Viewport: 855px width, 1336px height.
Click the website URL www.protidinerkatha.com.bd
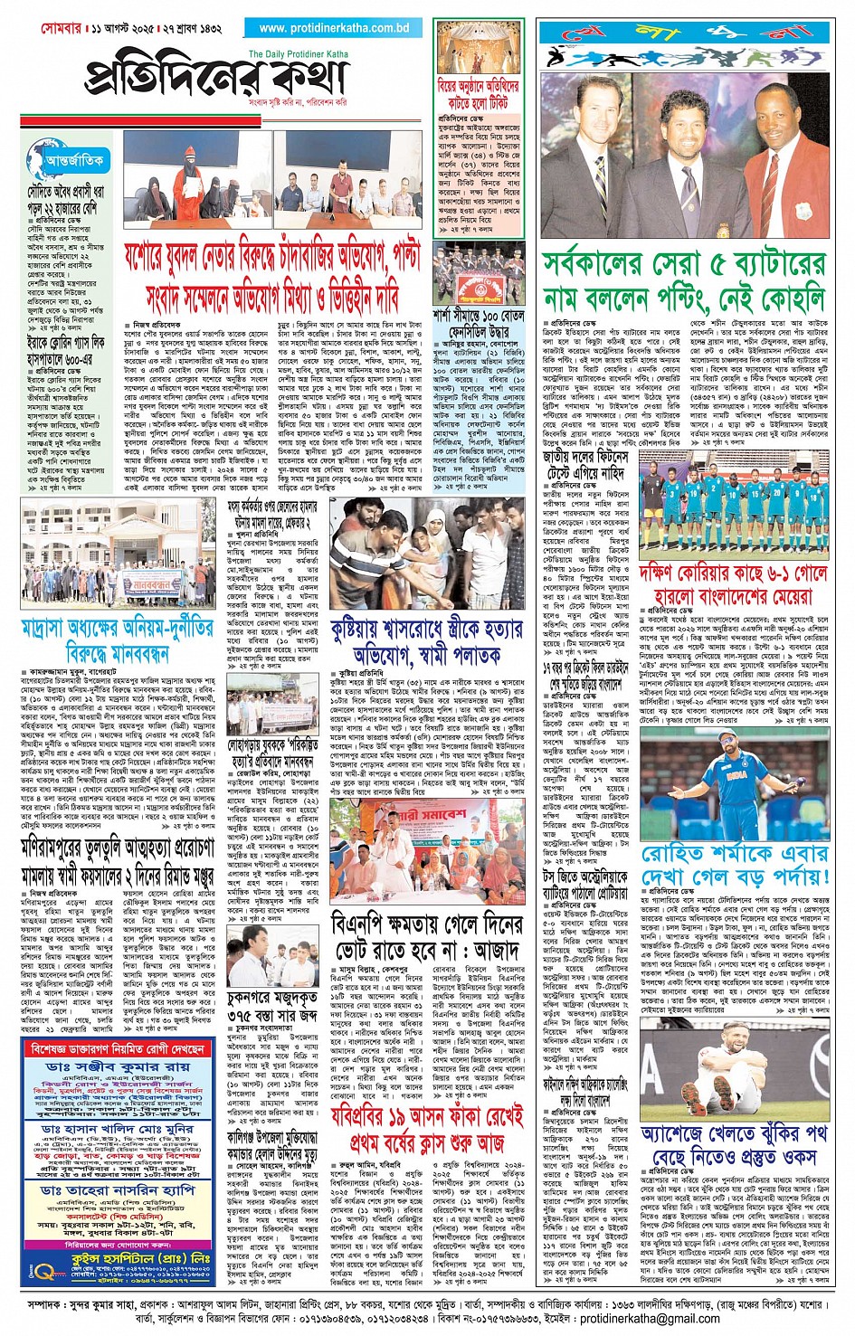click(333, 28)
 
